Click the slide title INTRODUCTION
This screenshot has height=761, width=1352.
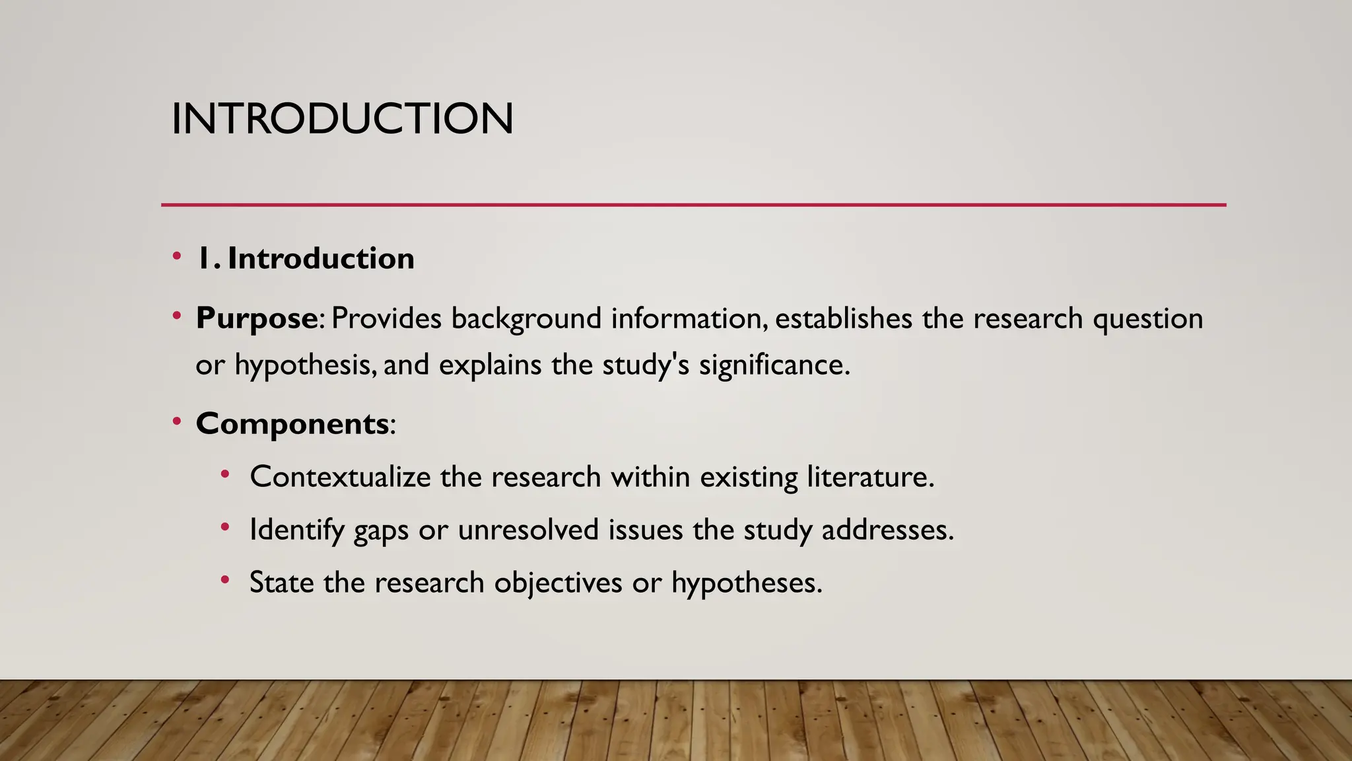(x=342, y=119)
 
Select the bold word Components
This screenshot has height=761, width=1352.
(x=292, y=423)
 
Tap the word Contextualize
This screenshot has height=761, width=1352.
(x=340, y=476)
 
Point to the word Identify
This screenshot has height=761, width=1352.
(x=296, y=530)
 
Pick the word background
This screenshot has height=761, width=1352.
(x=526, y=319)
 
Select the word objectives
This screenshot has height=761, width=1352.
(x=558, y=583)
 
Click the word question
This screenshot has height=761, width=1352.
(x=1147, y=319)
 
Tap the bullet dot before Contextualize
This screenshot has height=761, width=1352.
(x=225, y=474)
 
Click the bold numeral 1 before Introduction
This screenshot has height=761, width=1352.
(x=205, y=258)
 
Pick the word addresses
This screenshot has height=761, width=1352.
(x=887, y=530)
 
